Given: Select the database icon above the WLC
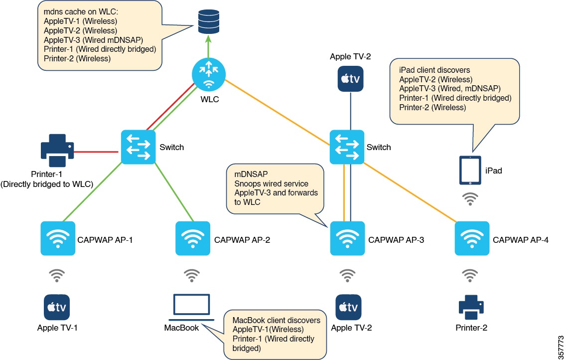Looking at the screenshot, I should click(208, 22).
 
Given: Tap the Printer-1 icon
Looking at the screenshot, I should click(56, 150).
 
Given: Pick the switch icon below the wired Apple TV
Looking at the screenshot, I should click(347, 147).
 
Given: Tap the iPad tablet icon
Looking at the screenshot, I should click(469, 171).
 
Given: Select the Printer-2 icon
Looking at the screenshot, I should click(471, 306).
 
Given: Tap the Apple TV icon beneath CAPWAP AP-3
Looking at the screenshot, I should click(347, 307).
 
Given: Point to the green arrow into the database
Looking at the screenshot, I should click(208, 49).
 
